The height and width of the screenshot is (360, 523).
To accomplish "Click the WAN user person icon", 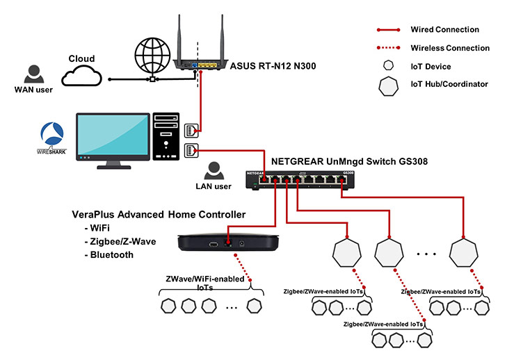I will [x=31, y=73].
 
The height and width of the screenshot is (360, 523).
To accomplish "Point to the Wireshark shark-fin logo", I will [x=53, y=132].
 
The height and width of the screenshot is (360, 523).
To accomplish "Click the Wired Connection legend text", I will [x=454, y=30].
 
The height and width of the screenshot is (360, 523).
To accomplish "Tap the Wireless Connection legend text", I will [x=460, y=49].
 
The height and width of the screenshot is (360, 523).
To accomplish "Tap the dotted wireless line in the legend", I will [x=396, y=49].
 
